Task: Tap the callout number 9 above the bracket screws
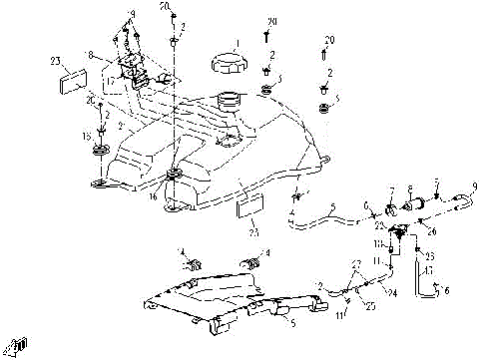[131, 14]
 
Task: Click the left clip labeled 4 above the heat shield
[193, 265]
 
